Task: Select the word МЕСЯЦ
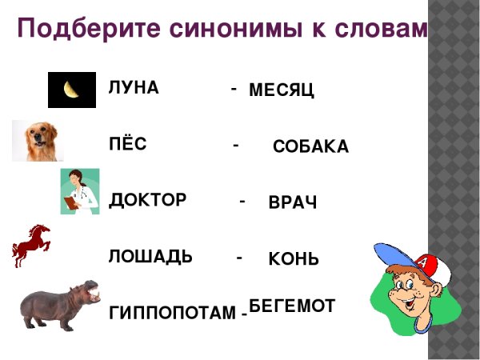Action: click(282, 91)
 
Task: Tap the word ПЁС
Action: click(128, 145)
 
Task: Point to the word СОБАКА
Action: click(310, 147)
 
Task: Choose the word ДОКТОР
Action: click(147, 200)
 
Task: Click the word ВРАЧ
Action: click(293, 203)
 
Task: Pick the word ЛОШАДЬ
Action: click(150, 257)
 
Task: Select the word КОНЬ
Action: click(294, 260)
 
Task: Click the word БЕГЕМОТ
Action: click(291, 306)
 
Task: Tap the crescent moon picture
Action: click(72, 90)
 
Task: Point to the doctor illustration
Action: click(80, 191)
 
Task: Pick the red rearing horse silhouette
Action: click(31, 245)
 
